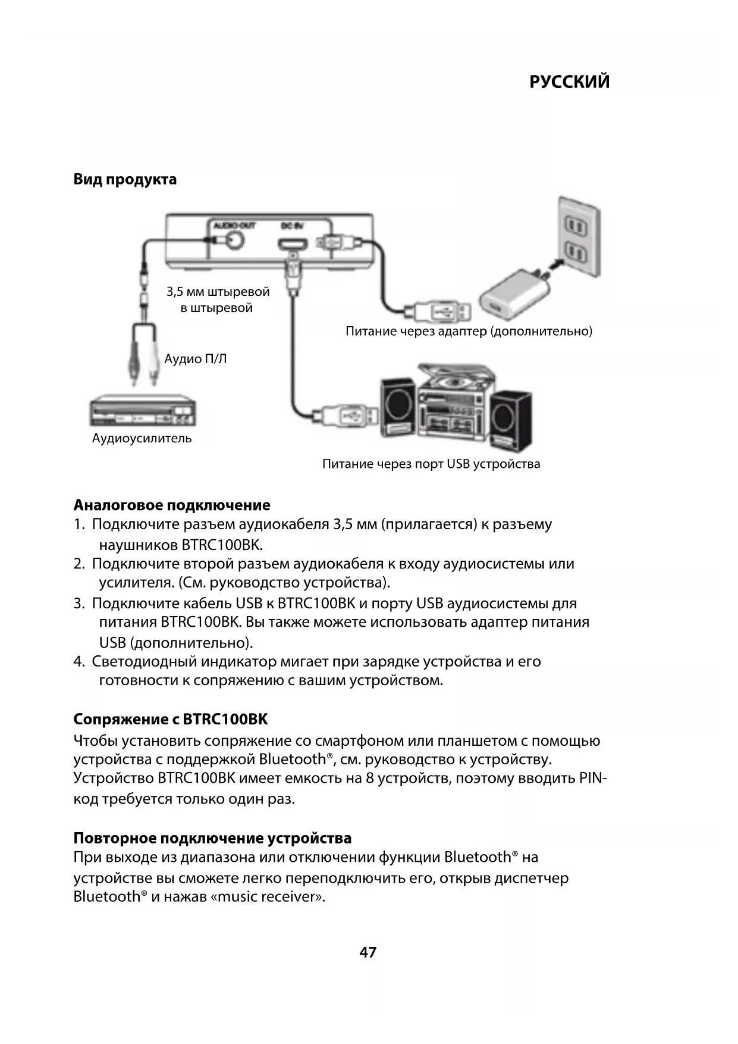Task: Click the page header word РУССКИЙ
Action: [x=569, y=82]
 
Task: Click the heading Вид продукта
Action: [x=125, y=179]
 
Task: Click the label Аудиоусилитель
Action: [x=142, y=439]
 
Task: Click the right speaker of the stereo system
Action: [x=512, y=418]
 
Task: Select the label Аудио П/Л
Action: [x=196, y=360]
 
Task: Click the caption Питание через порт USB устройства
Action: [x=431, y=464]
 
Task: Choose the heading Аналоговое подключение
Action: [x=172, y=505]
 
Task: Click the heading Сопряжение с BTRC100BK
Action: [x=171, y=720]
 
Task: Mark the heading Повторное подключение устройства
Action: [x=212, y=838]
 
